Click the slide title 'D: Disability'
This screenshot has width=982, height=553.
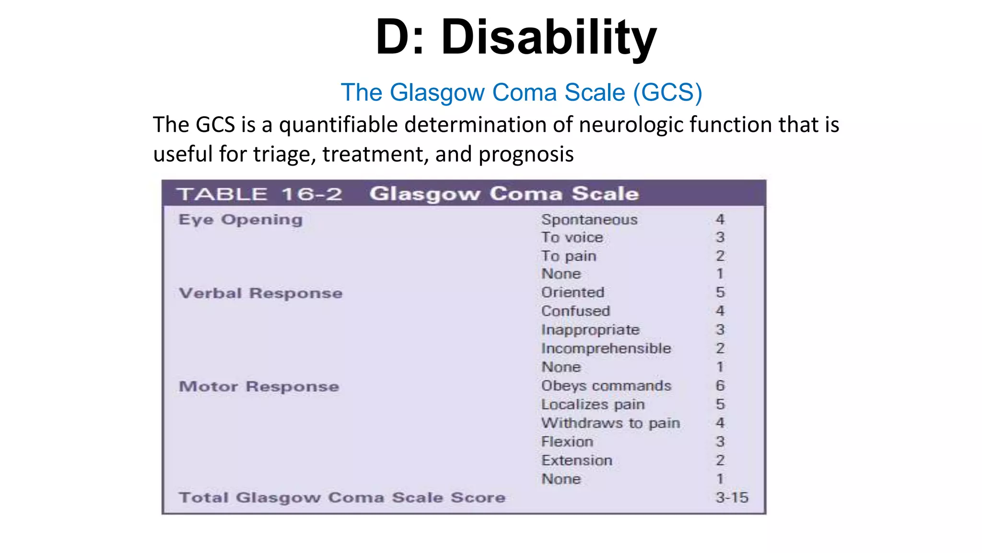coord(516,37)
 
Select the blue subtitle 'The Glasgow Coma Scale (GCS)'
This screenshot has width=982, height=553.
coord(521,92)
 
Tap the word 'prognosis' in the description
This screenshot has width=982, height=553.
coord(526,155)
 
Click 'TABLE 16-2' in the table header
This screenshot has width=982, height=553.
coord(259,194)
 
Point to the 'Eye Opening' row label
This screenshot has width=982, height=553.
coord(240,219)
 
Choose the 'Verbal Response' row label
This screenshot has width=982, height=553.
coord(260,293)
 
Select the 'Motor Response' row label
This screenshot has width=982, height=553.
coord(258,386)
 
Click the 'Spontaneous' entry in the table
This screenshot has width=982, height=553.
coord(589,219)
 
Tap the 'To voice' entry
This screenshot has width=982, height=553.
coord(572,237)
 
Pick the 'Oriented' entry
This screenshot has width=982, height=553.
coord(573,292)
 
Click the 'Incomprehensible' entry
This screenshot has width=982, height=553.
coord(606,348)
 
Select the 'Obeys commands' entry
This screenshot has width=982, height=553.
coord(606,385)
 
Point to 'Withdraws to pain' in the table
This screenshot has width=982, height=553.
coord(610,423)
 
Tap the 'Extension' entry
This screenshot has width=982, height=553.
coord(577,460)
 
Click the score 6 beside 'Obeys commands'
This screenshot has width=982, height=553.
coord(720,385)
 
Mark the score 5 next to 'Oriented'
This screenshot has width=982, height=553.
coord(720,292)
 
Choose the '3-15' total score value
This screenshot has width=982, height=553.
coord(732,497)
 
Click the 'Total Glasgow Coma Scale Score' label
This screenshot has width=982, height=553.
coord(342,497)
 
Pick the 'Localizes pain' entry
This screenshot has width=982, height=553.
coord(593,404)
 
